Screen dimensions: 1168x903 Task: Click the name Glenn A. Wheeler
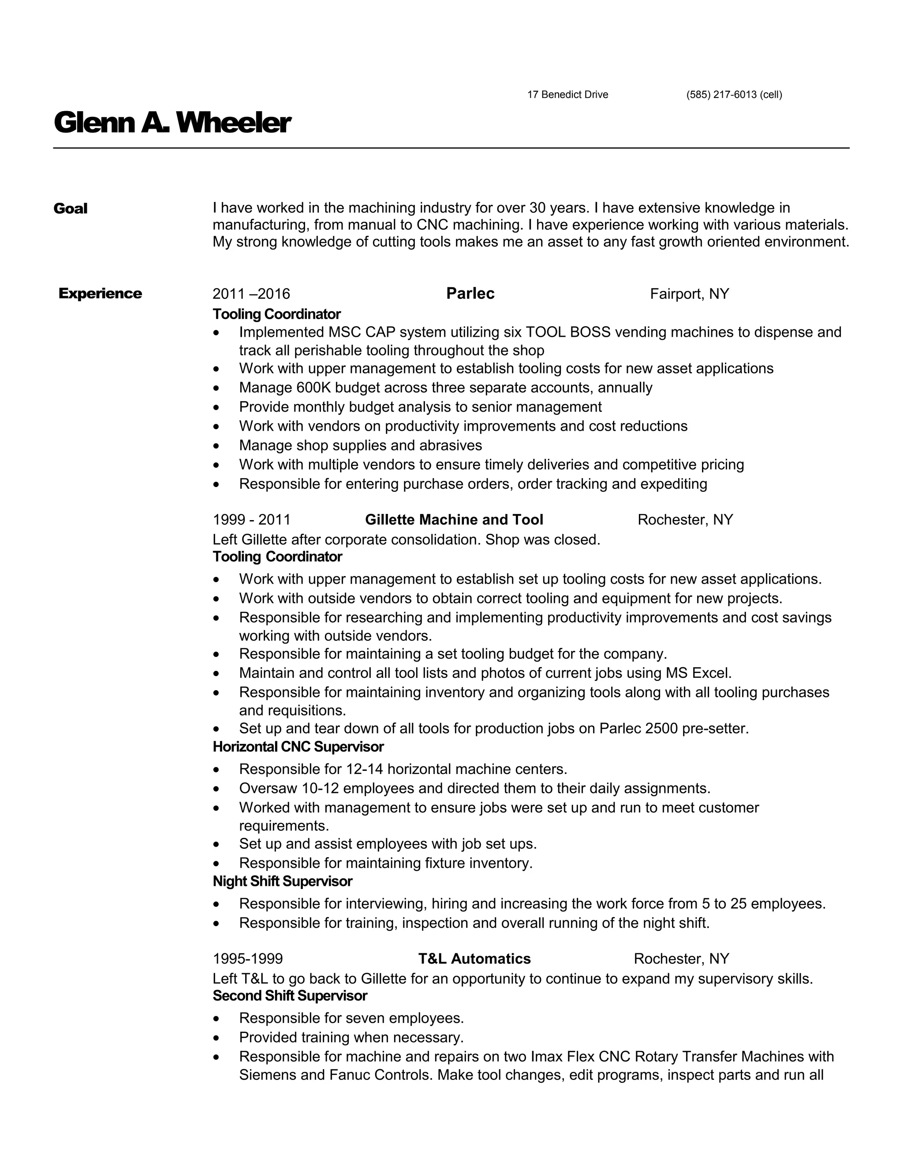coord(172,123)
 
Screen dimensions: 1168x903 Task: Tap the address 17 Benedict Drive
coord(567,95)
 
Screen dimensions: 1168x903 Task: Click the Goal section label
coord(70,208)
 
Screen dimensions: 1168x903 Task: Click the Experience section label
coord(100,294)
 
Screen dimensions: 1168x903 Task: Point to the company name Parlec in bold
coord(470,294)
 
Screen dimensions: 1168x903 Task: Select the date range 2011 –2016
coord(251,294)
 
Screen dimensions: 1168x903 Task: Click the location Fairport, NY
coord(689,294)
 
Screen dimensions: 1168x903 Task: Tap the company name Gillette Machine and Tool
coord(454,520)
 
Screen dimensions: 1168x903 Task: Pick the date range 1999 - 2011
coord(251,520)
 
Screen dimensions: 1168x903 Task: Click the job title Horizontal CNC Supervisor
coord(298,747)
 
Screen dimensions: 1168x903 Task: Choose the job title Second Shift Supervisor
coord(290,996)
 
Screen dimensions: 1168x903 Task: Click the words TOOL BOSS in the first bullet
coord(567,333)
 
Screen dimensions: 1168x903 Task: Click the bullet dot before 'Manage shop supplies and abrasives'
coord(216,446)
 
